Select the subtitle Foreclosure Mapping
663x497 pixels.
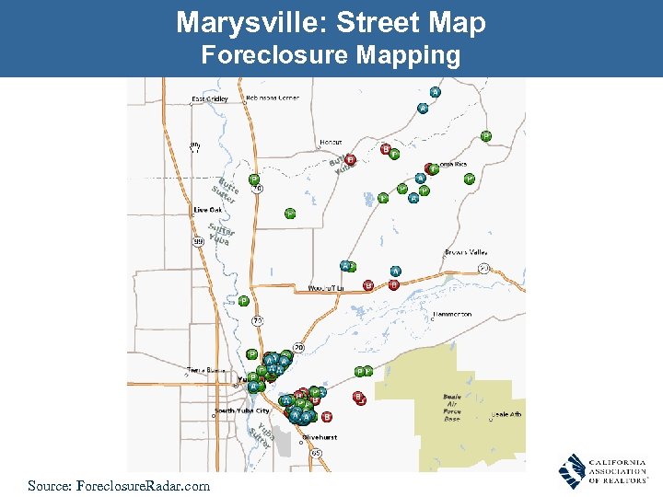331,56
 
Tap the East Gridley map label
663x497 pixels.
210,99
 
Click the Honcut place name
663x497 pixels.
330,143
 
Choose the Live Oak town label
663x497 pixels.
207,210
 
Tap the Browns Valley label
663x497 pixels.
466,251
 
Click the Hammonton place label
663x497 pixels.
451,314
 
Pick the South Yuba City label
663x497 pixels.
242,410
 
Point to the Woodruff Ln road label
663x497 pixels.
325,289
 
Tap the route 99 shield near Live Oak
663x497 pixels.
198,241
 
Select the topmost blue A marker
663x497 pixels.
435,92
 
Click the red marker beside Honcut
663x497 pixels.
351,159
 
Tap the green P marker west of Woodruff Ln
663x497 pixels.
244,300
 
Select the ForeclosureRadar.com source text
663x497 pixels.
119,485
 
